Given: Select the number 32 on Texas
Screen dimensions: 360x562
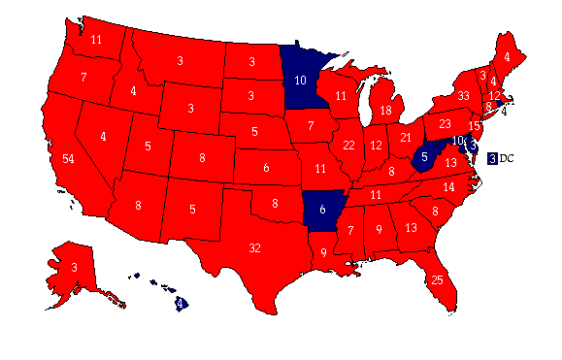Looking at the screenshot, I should click(254, 247).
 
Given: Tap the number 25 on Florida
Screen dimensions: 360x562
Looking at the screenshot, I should click(438, 280).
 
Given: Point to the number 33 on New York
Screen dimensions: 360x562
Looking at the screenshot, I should click(463, 95).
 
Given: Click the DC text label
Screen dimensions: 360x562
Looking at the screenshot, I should click(507, 158).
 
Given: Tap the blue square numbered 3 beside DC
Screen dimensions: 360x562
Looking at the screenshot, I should click(493, 158).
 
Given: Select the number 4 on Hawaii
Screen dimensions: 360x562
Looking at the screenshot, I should click(181, 303).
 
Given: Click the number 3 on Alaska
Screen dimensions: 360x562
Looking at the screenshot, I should click(73, 267).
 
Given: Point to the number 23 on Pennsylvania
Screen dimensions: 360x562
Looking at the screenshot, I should click(446, 124).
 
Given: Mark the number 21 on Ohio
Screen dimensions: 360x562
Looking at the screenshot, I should click(407, 137).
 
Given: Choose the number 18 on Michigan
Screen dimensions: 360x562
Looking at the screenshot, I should click(385, 112).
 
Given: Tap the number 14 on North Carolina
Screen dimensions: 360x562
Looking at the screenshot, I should click(449, 186).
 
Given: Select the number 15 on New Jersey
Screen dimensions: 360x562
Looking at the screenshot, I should click(475, 126).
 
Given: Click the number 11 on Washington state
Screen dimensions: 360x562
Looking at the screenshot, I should click(96, 40).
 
